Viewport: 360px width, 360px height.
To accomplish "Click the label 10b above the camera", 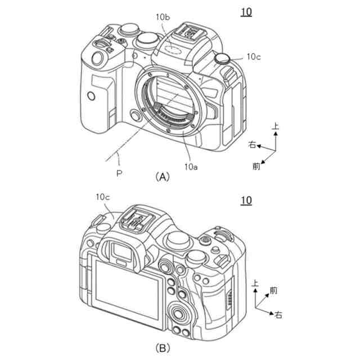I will [x=163, y=17].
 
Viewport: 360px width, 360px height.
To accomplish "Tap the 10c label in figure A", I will [x=253, y=57].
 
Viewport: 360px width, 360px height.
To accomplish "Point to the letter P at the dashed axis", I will [x=119, y=173].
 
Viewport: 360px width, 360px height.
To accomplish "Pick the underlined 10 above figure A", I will [x=246, y=10].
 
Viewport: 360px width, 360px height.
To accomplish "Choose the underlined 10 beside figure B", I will [x=246, y=200].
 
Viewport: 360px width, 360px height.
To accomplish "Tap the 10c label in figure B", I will [x=103, y=196].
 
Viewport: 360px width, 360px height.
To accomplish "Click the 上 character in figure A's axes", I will [x=275, y=128].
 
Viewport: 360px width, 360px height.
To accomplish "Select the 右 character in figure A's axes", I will [x=253, y=145].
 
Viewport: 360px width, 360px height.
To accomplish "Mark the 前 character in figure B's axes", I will [x=273, y=290].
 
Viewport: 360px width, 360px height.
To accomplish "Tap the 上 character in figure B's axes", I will [x=256, y=284].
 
